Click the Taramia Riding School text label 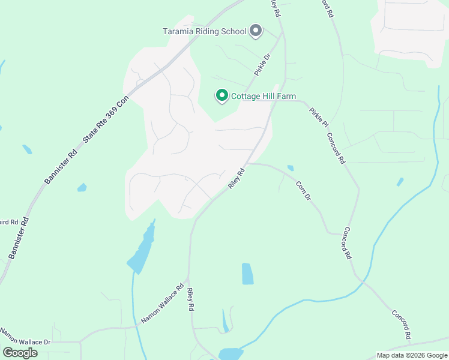205,31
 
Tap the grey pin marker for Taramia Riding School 256,31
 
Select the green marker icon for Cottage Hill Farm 221,96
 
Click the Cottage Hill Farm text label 264,96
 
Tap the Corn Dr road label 304,190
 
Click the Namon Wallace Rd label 162,304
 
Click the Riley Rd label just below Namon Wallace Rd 191,299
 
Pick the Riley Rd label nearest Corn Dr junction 237,178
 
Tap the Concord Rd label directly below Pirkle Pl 336,148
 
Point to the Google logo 20,353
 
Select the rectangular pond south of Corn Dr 247,274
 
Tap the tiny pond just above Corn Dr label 291,168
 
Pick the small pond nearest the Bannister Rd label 82,188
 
